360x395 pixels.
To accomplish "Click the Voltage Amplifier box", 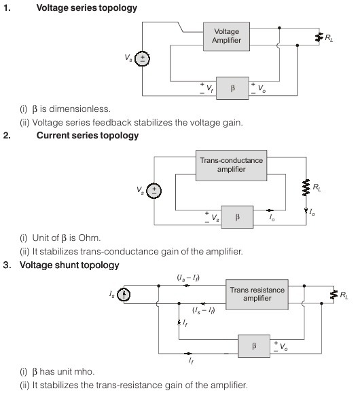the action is point(226,37).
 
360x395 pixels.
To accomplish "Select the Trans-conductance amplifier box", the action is point(231,166).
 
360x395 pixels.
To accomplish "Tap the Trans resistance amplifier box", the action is point(257,295).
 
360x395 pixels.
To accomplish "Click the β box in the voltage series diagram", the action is point(232,88).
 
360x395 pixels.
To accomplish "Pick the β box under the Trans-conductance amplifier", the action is point(237,217).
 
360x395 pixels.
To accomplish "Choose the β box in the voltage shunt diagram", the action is point(254,346).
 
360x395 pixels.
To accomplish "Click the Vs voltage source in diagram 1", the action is point(142,59).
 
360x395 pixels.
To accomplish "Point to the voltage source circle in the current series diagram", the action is point(154,191).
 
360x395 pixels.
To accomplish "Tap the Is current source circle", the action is point(124,295).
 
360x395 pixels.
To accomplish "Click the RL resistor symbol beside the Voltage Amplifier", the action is point(319,37).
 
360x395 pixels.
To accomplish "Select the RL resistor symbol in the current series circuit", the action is point(306,187).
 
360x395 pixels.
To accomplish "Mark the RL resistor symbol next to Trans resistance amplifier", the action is point(334,295).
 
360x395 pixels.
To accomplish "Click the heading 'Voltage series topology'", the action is point(87,8).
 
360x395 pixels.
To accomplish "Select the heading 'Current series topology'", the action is point(88,136).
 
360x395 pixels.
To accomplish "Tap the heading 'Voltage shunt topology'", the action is point(69,265).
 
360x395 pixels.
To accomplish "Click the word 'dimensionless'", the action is point(79,109).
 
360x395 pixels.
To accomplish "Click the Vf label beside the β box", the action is point(210,88).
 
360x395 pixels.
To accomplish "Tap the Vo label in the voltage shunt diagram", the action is point(284,347).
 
